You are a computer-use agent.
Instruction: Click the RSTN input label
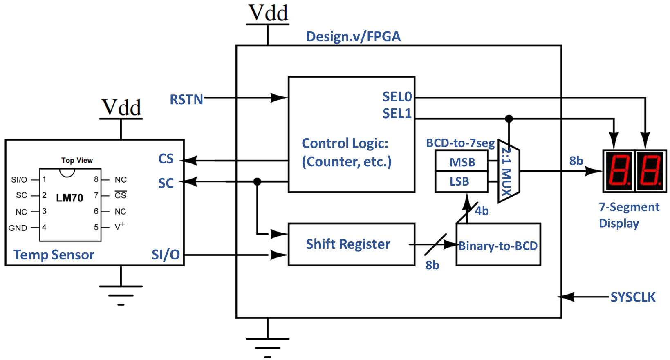(186, 99)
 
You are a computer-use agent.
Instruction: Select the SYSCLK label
(633, 297)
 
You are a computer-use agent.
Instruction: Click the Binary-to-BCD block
(498, 246)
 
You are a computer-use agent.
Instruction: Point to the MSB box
(462, 162)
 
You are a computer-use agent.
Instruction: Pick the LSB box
(459, 181)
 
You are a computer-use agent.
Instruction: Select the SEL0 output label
(397, 96)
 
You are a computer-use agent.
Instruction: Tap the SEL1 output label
(397, 113)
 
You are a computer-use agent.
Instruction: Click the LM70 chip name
(69, 198)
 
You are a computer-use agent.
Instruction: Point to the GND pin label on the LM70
(18, 228)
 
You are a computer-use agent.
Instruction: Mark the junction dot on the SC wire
(257, 181)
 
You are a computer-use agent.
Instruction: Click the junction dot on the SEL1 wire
(509, 119)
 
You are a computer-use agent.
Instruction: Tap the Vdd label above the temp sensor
(121, 107)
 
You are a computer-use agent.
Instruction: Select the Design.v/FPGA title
(353, 36)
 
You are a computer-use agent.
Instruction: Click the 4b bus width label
(482, 211)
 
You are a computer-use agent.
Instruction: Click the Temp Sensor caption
(54, 255)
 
